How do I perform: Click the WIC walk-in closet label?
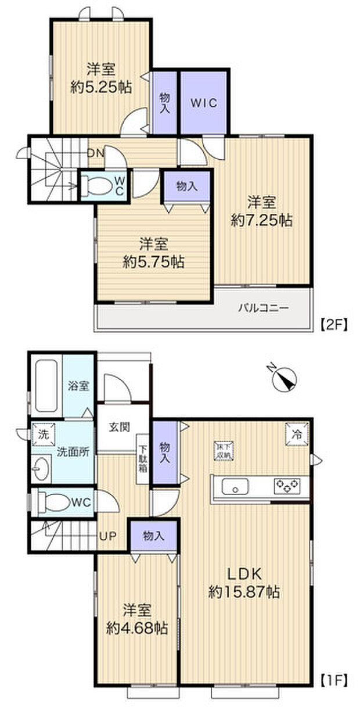pyautogui.click(x=204, y=103)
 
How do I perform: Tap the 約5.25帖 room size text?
pyautogui.click(x=101, y=88)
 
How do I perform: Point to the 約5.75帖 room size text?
pyautogui.click(x=153, y=261)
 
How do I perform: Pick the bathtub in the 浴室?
pyautogui.click(x=45, y=385)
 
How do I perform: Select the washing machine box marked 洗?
pyautogui.click(x=43, y=433)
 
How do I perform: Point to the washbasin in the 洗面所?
pyautogui.click(x=41, y=468)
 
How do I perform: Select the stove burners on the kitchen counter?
pyautogui.click(x=286, y=485)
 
